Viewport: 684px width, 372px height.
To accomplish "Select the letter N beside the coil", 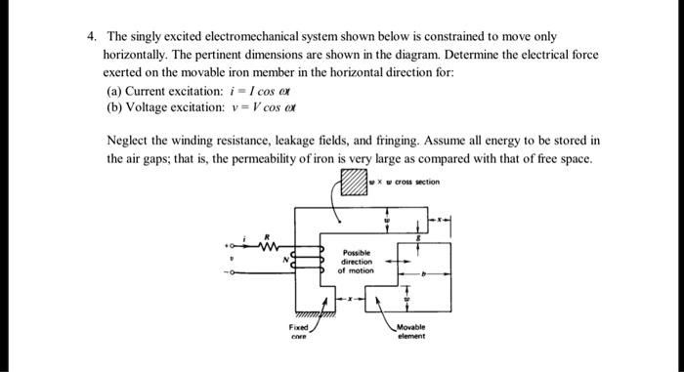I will [x=285, y=257].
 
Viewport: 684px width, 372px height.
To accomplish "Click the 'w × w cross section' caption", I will [x=408, y=182].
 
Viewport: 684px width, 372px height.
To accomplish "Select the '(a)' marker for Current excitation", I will [x=114, y=88].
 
